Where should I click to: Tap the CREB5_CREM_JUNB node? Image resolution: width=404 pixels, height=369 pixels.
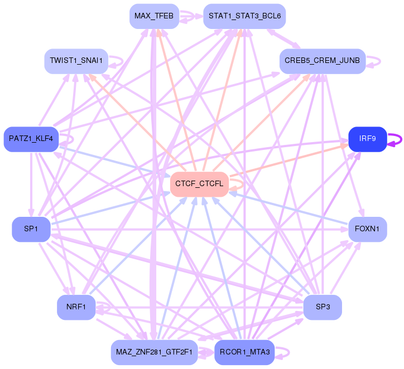pyautogui.click(x=323, y=61)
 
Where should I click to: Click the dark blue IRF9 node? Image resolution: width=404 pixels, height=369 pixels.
pyautogui.click(x=367, y=139)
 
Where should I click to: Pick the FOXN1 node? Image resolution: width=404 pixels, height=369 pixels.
pyautogui.click(x=367, y=229)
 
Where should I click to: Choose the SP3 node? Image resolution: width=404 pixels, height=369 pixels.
pyautogui.click(x=323, y=308)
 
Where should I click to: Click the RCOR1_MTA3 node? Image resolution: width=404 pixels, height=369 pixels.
pyautogui.click(x=244, y=352)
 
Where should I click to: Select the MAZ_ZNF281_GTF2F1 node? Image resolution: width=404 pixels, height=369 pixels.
pyautogui.click(x=154, y=352)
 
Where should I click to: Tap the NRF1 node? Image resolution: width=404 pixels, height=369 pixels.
pyautogui.click(x=76, y=308)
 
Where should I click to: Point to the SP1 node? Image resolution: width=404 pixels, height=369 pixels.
pyautogui.click(x=31, y=229)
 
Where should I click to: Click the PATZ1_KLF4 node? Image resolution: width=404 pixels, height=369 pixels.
pyautogui.click(x=31, y=139)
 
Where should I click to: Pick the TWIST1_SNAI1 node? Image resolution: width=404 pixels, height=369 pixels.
pyautogui.click(x=76, y=61)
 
